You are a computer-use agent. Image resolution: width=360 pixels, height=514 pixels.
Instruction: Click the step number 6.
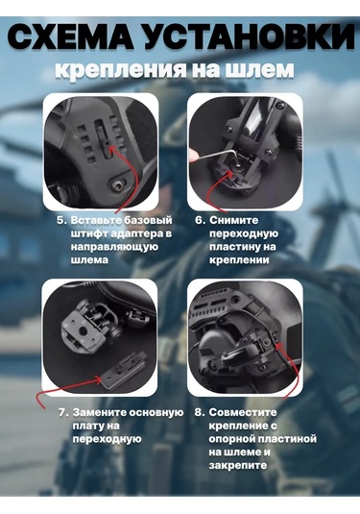click(x=200, y=220)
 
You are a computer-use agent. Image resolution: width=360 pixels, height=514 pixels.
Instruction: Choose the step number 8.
click(x=200, y=412)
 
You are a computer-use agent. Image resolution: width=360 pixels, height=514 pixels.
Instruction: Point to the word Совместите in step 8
click(x=246, y=412)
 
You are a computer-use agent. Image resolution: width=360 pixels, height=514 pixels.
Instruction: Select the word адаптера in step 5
click(x=139, y=233)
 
